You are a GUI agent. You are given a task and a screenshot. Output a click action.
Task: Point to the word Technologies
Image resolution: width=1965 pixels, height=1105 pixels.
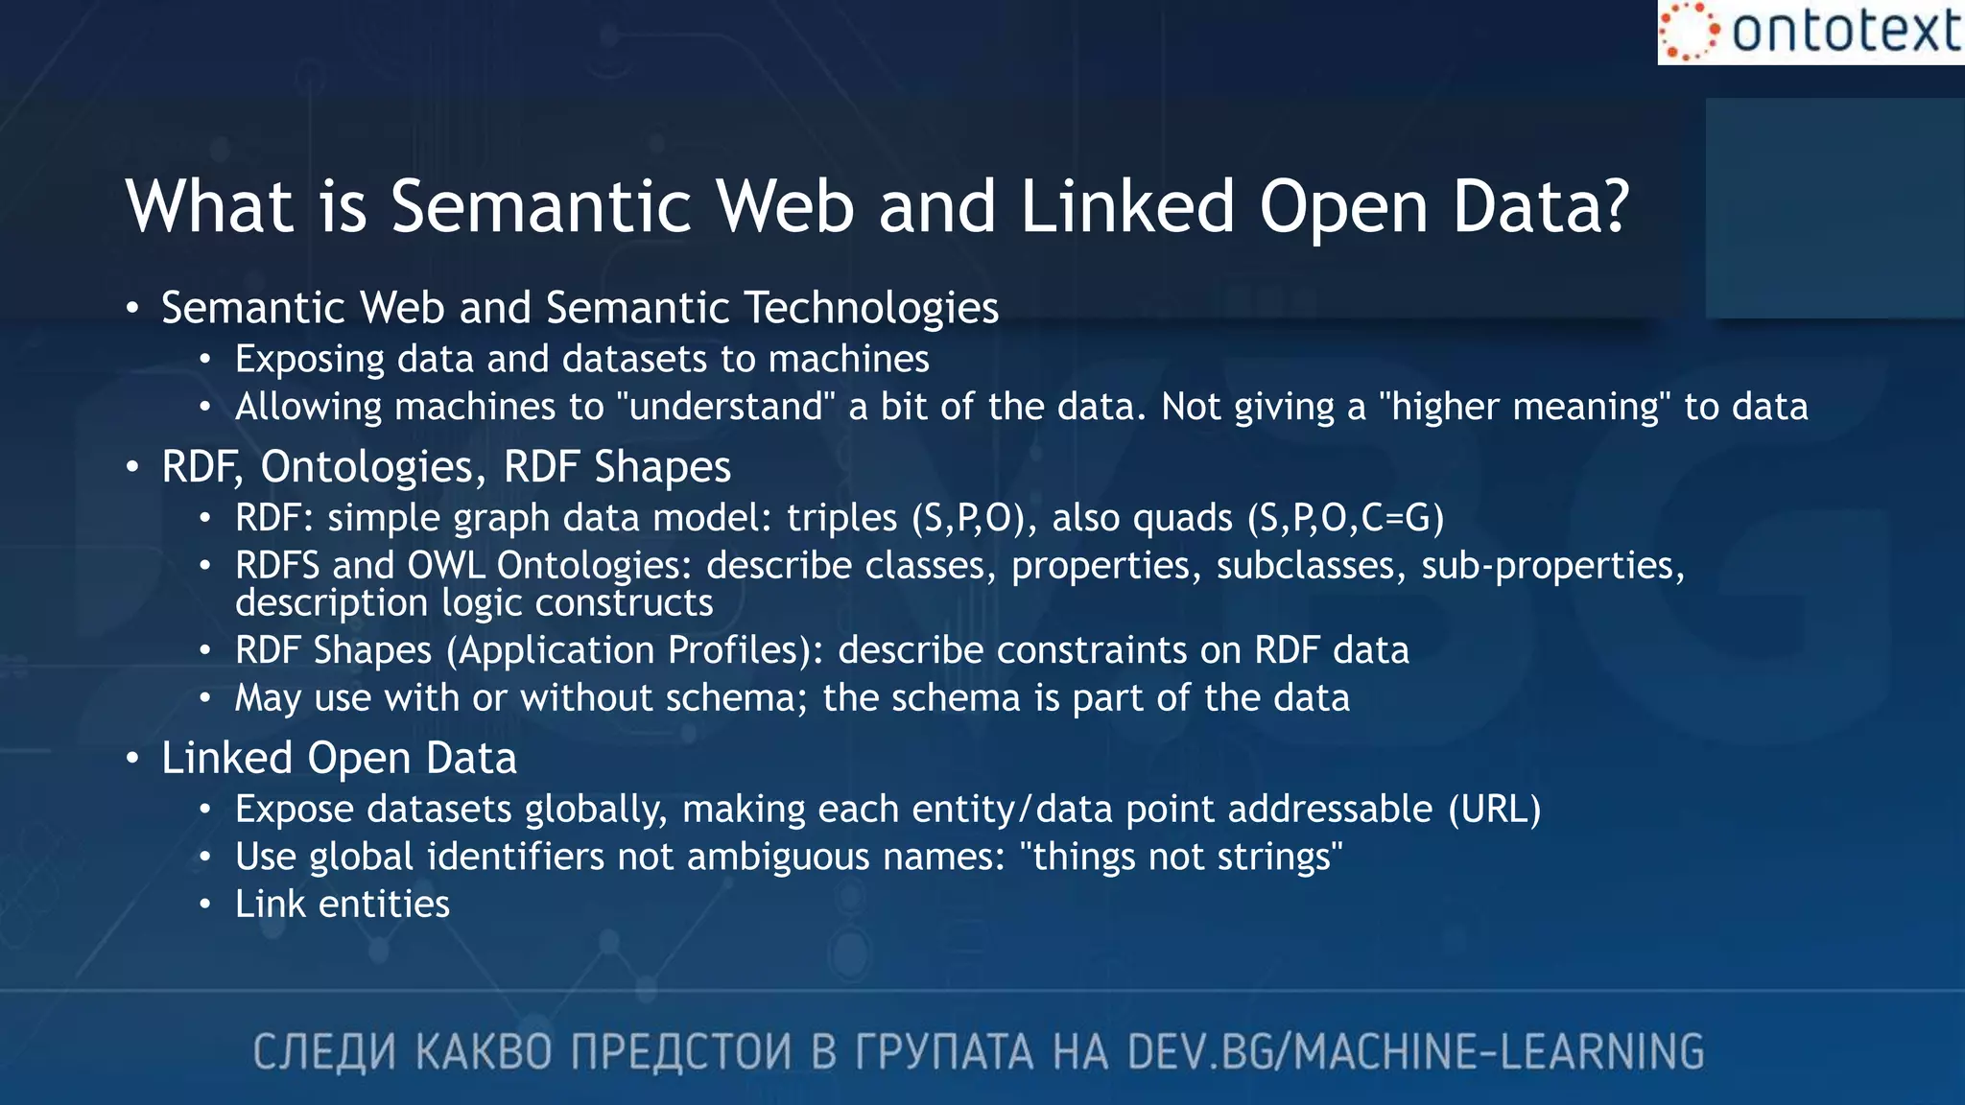[871, 308]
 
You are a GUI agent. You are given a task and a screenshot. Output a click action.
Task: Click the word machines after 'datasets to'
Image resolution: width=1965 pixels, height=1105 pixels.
[848, 360]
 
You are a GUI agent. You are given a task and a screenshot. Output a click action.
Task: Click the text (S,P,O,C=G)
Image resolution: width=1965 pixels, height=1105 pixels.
[1345, 518]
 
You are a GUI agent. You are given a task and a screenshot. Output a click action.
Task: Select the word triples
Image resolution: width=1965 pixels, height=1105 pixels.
[841, 518]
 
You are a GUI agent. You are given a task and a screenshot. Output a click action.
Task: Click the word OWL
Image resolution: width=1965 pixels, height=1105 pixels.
[446, 565]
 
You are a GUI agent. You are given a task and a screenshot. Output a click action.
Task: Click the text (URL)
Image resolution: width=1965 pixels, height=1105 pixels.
[1494, 810]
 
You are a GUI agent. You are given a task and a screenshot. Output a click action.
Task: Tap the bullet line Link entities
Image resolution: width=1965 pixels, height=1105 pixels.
[342, 905]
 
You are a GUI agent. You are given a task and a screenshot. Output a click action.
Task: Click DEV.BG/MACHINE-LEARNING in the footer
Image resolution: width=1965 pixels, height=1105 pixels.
[1415, 1052]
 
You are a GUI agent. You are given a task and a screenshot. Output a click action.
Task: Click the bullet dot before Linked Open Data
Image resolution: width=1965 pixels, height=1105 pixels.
[132, 759]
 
